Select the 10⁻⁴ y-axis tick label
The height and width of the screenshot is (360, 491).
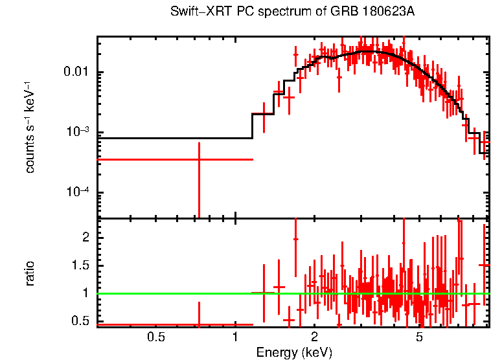click(x=79, y=192)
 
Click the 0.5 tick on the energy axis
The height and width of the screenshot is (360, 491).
click(x=155, y=337)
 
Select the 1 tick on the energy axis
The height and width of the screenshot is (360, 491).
click(x=234, y=337)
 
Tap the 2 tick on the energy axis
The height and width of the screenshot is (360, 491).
click(x=314, y=337)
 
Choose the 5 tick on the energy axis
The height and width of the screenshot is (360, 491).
click(x=419, y=337)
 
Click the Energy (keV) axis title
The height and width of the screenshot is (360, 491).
click(x=294, y=352)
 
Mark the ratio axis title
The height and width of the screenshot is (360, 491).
click(x=30, y=273)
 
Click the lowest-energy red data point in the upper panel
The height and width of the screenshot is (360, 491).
click(x=199, y=159)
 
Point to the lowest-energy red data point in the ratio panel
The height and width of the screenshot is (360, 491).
click(x=199, y=324)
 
